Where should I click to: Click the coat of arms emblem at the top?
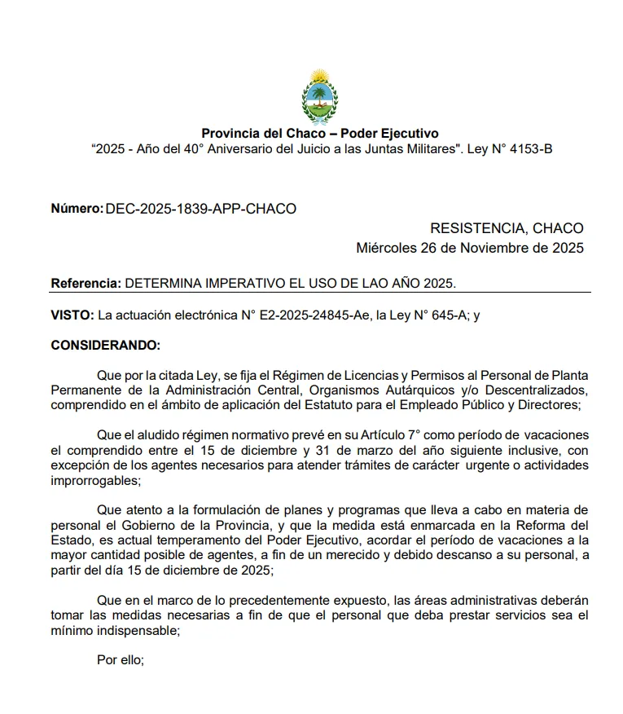point(319,93)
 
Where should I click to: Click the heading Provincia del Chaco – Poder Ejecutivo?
point(319,134)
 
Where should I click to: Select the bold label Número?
point(77,209)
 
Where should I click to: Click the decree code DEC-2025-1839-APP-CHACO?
point(200,209)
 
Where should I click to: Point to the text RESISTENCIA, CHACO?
point(507,228)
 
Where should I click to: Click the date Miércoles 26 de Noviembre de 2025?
point(470,249)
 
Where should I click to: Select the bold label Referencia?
point(86,283)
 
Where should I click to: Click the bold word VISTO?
point(71,315)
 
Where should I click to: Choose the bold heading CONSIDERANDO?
point(106,345)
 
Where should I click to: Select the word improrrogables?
point(94,481)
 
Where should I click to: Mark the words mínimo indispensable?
point(115,630)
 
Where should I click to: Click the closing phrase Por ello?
point(120,660)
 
